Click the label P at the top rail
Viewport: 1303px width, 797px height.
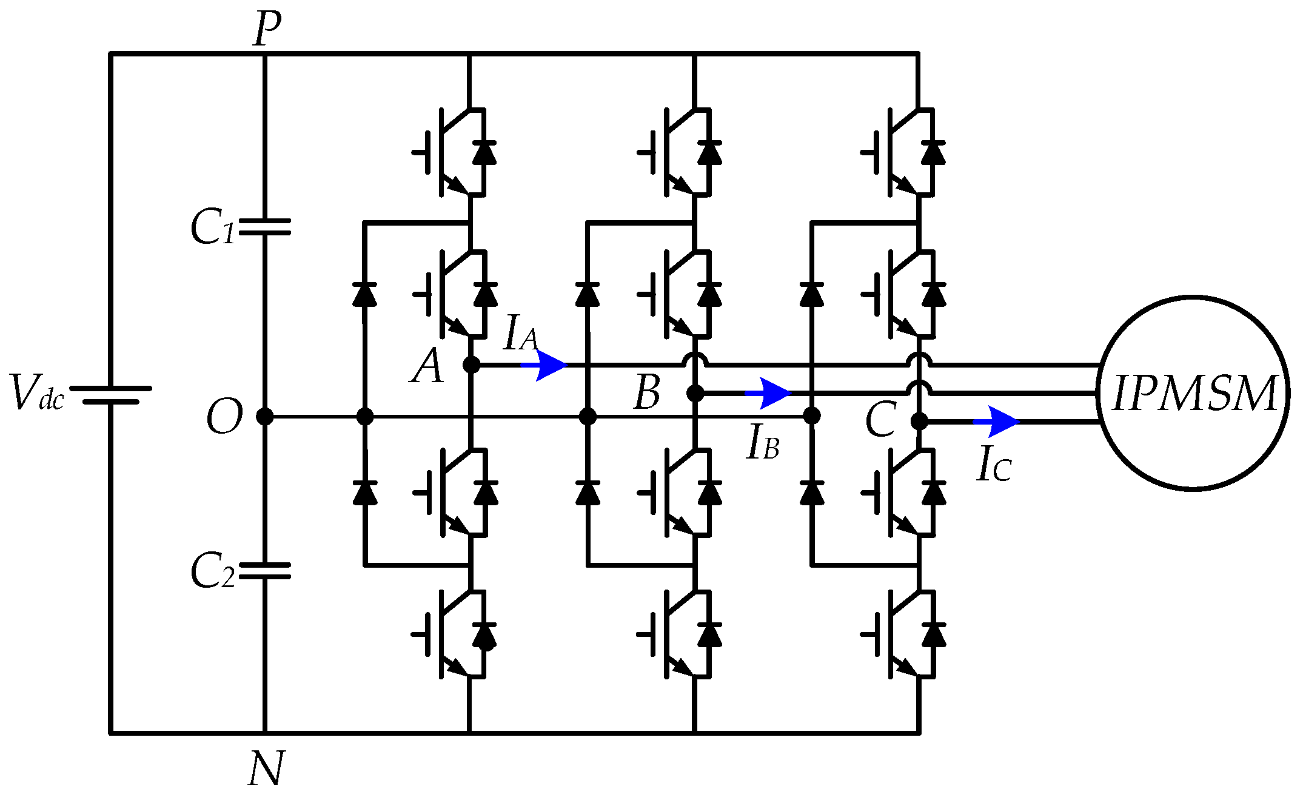pyautogui.click(x=267, y=29)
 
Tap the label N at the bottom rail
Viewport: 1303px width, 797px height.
pyautogui.click(x=266, y=768)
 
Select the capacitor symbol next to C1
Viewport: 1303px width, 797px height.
pyautogui.click(x=265, y=227)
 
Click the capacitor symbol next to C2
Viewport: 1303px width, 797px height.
pyautogui.click(x=265, y=571)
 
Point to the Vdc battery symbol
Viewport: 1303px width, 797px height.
pyautogui.click(x=110, y=395)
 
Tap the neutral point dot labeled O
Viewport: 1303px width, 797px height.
pyautogui.click(x=265, y=417)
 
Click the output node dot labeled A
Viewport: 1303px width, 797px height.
pyautogui.click(x=471, y=365)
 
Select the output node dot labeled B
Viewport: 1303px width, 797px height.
pyautogui.click(x=695, y=394)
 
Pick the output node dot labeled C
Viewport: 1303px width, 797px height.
pyautogui.click(x=919, y=421)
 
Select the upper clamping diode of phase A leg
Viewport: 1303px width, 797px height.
pyautogui.click(x=364, y=294)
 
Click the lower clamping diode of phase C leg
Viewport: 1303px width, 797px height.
pyautogui.click(x=812, y=493)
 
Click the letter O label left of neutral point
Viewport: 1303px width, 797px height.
pyautogui.click(x=224, y=417)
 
